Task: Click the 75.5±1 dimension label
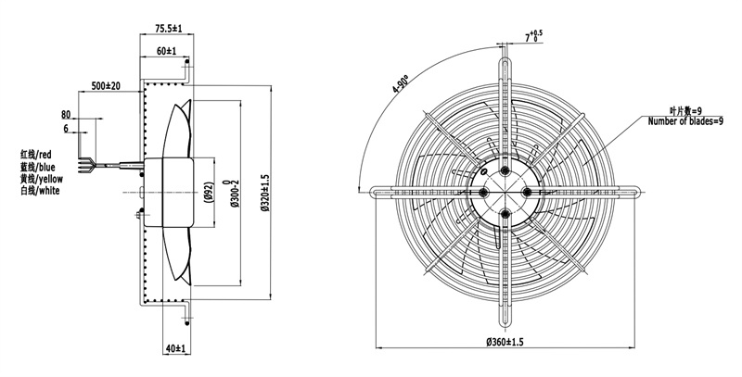[169, 29]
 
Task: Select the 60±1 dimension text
[165, 51]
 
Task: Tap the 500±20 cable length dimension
[106, 86]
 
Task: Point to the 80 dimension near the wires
[66, 115]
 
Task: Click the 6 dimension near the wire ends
[66, 129]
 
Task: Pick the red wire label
[36, 154]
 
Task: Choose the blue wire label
[38, 167]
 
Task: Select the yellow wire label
[42, 179]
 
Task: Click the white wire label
[40, 191]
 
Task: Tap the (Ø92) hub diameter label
[208, 193]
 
